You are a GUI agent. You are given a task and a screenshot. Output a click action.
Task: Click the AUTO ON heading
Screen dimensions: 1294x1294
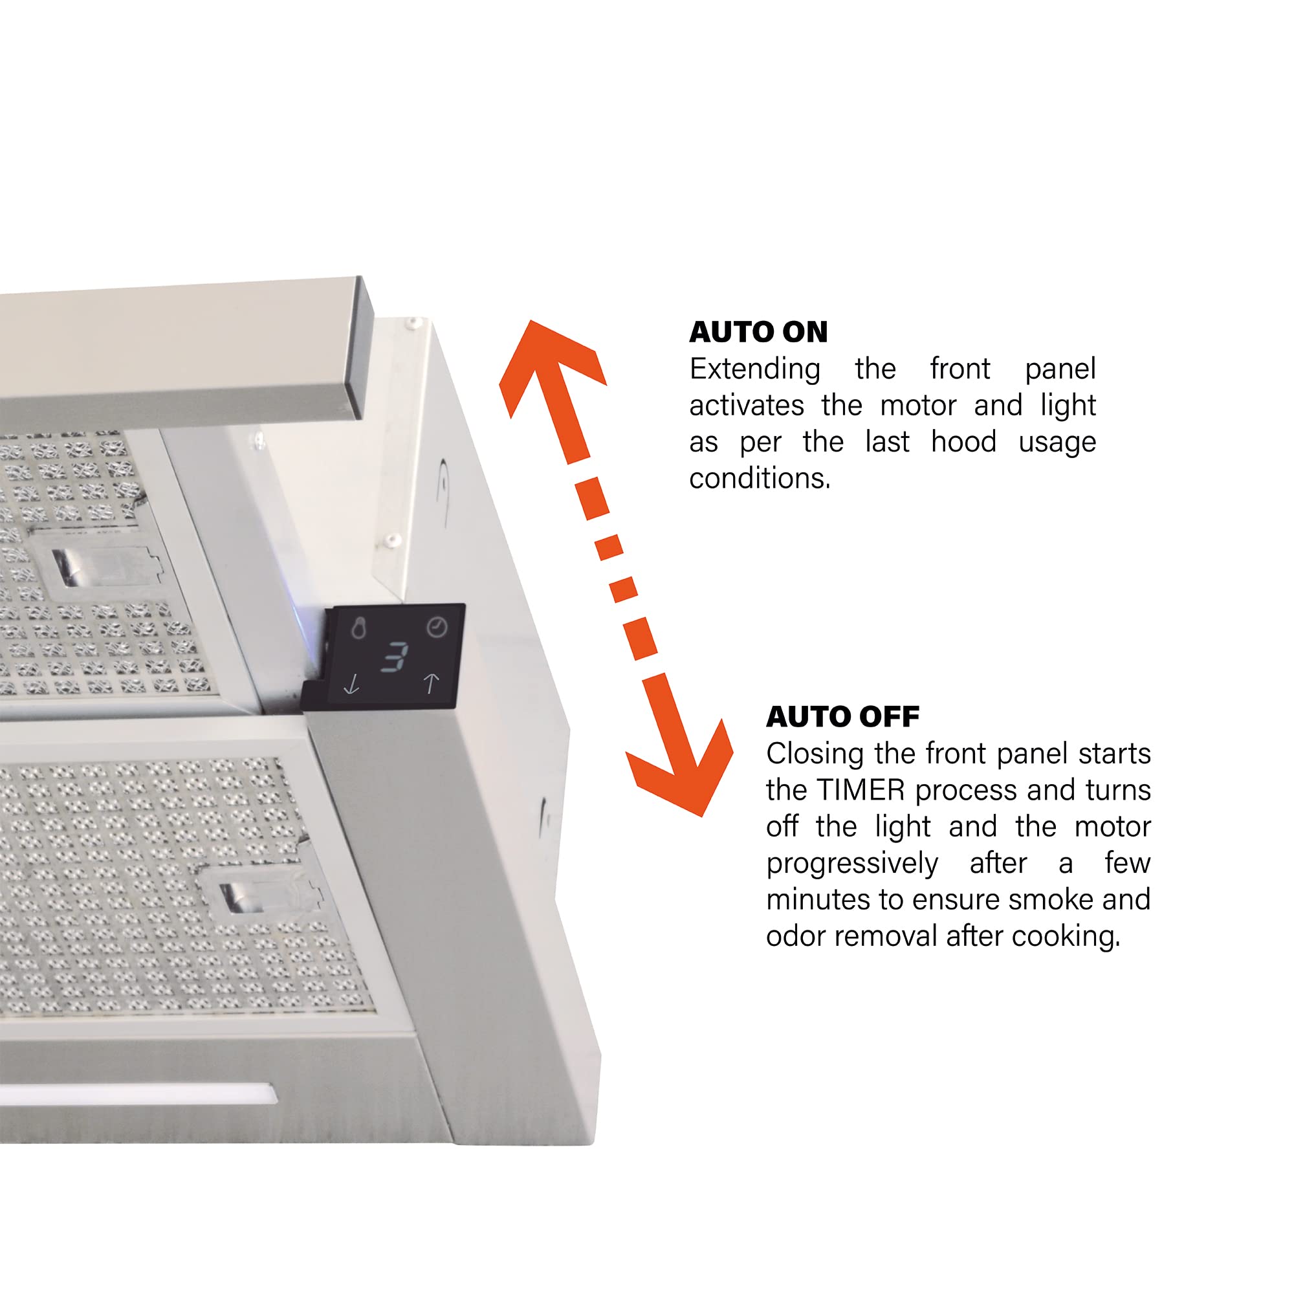click(x=758, y=332)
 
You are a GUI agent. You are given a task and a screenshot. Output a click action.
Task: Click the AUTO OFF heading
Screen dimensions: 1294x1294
click(x=842, y=718)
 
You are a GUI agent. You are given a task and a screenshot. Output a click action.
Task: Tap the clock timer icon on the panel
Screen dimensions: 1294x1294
click(x=437, y=627)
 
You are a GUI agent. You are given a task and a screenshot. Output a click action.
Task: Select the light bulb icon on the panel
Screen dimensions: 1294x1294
click(x=359, y=628)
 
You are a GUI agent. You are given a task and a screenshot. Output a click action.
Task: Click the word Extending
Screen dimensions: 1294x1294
click(x=755, y=370)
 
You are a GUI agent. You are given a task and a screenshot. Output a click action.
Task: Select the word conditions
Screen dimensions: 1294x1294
click(x=760, y=478)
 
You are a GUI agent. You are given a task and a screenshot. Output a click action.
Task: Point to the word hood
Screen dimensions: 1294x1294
click(x=964, y=442)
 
